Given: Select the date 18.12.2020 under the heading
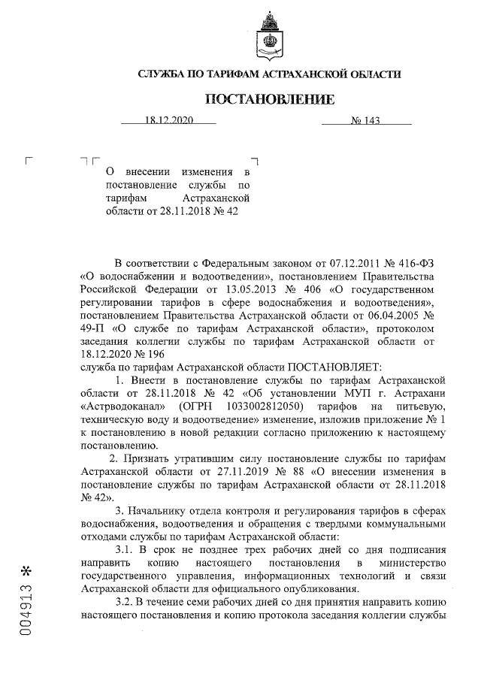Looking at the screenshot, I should pos(170,119).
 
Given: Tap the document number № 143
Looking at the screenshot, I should pos(366,119).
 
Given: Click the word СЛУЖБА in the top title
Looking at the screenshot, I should pos(163,74).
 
